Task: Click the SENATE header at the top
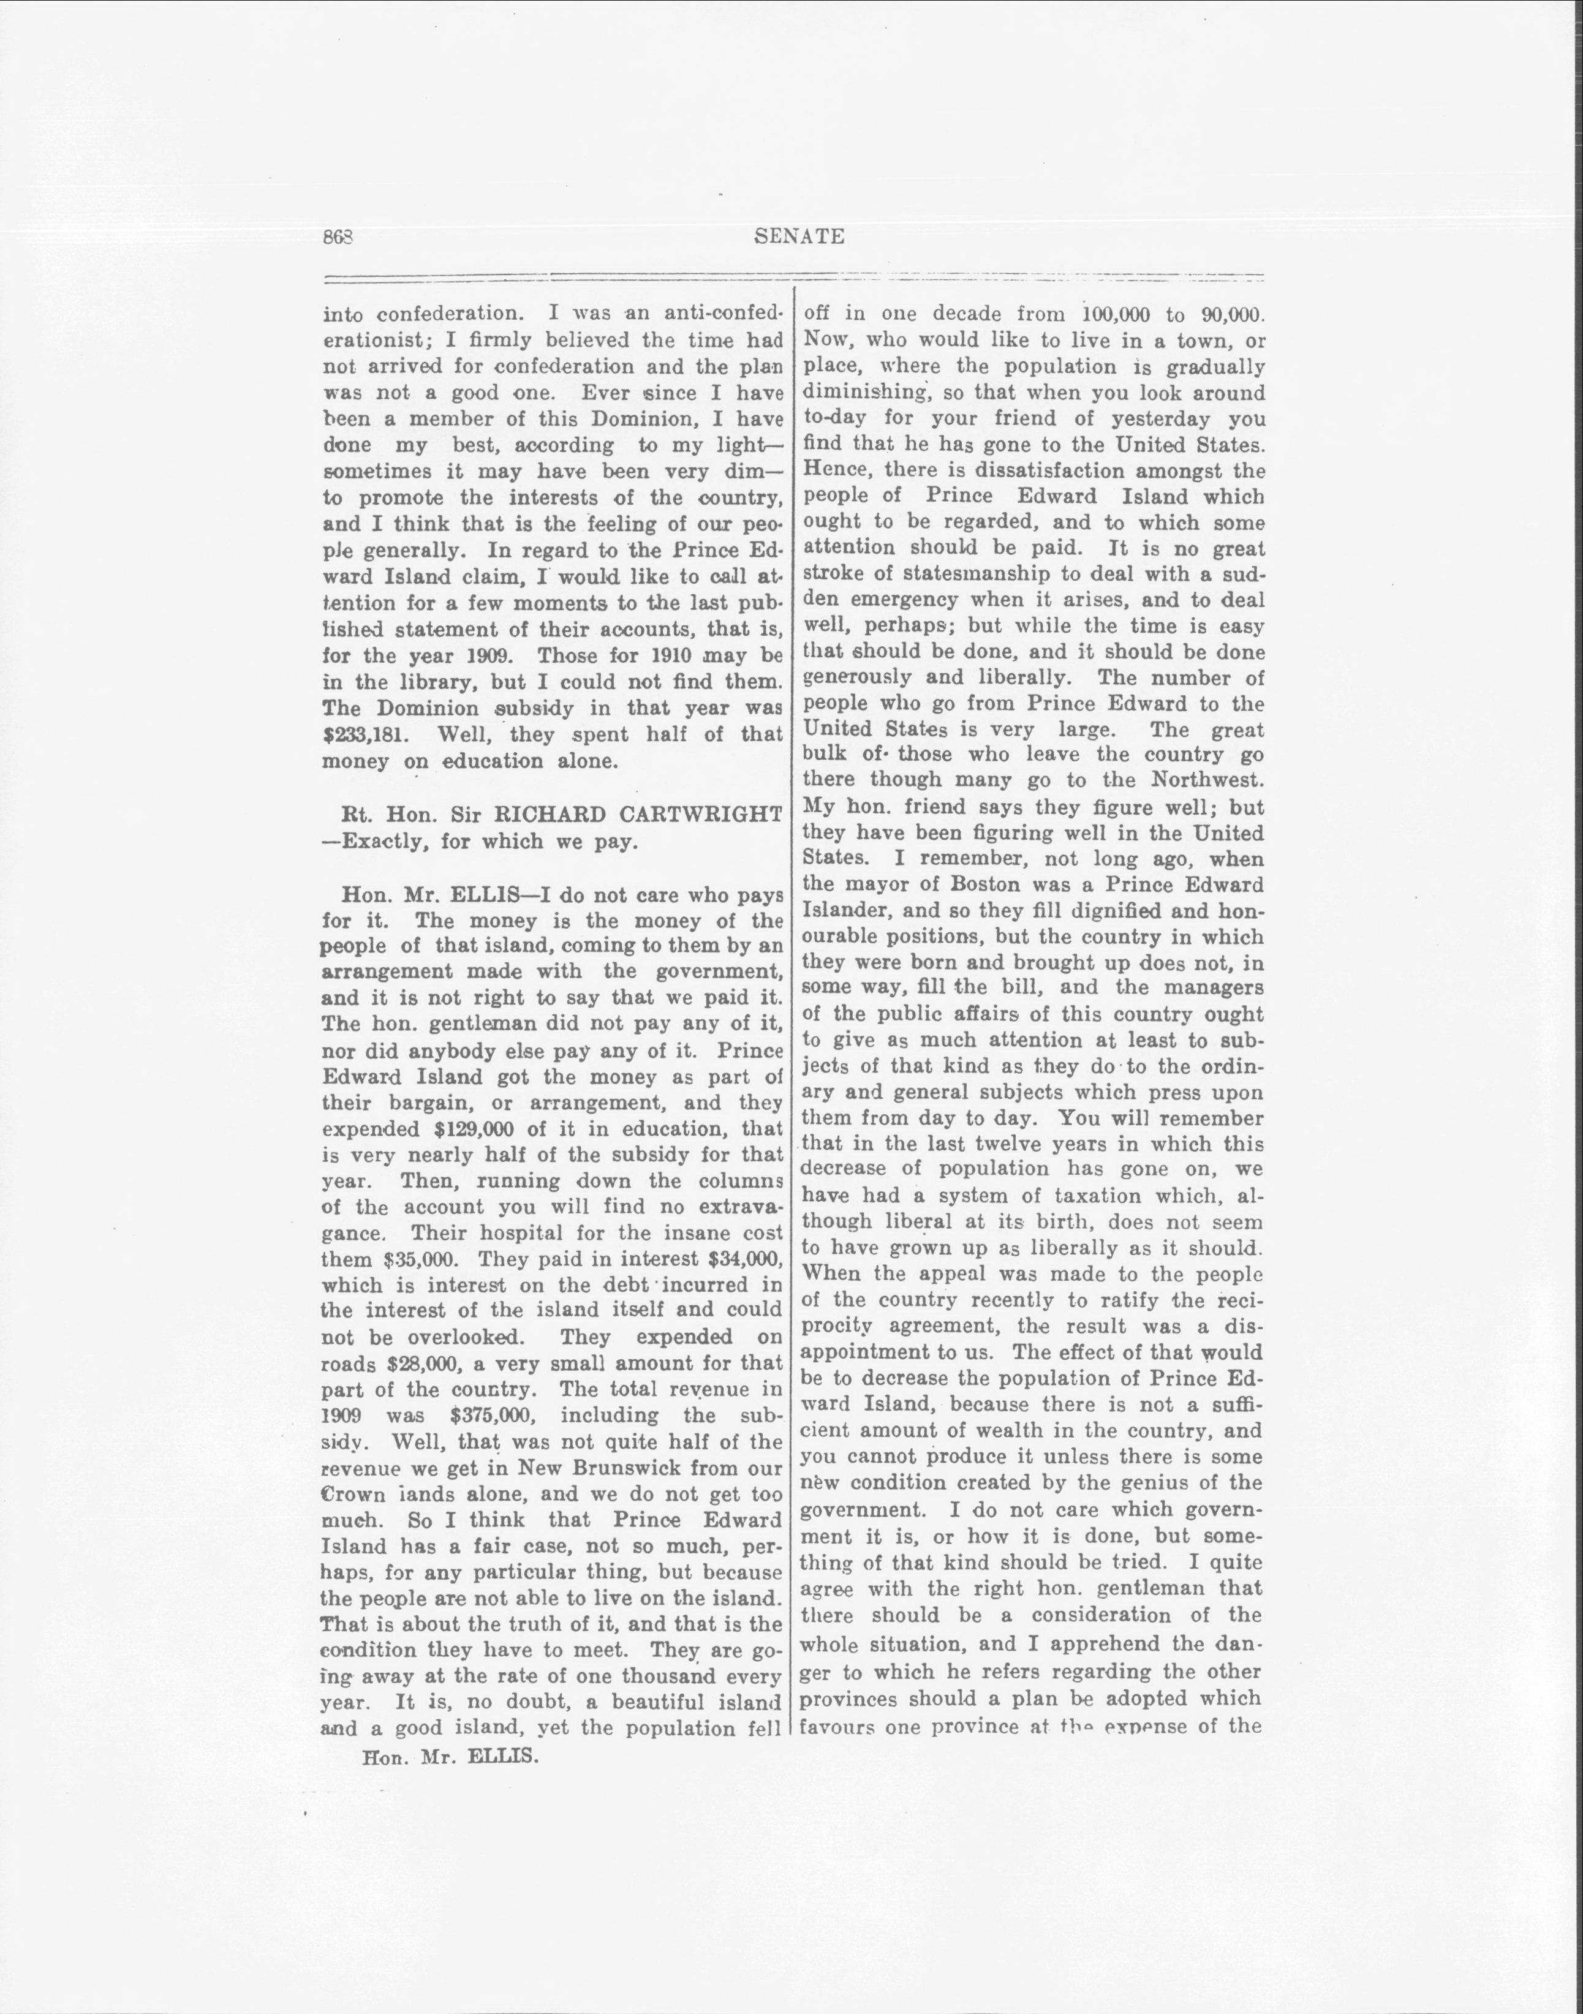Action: (799, 236)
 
